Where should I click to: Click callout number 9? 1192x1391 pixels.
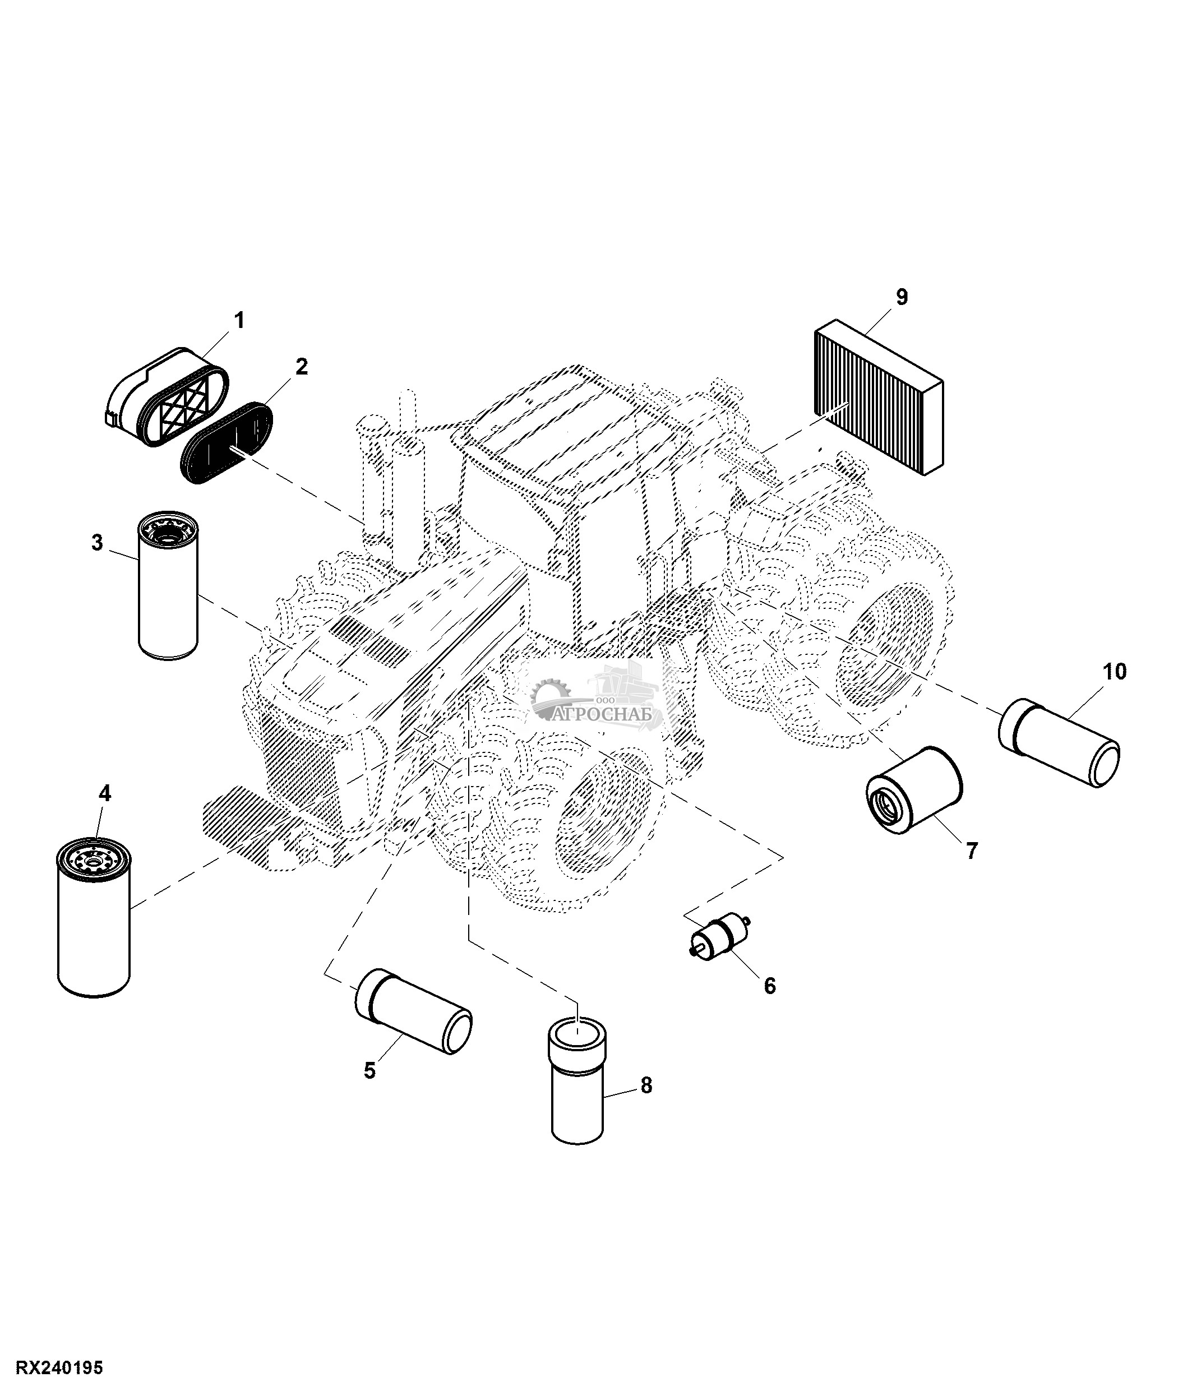point(902,297)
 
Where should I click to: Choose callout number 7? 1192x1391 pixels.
point(971,851)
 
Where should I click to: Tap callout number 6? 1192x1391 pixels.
point(770,986)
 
